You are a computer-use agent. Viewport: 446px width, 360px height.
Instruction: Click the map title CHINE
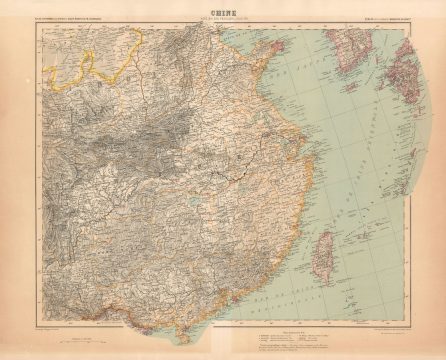222,14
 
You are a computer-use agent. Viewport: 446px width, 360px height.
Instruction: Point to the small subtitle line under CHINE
222,20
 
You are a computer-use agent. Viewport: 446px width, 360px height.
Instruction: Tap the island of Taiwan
327,248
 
